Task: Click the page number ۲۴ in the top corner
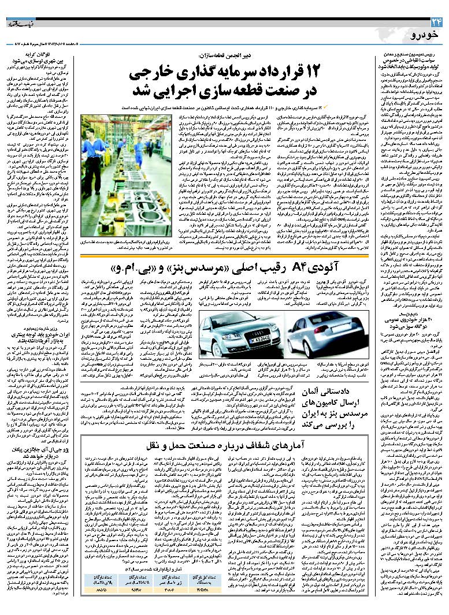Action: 436,22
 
